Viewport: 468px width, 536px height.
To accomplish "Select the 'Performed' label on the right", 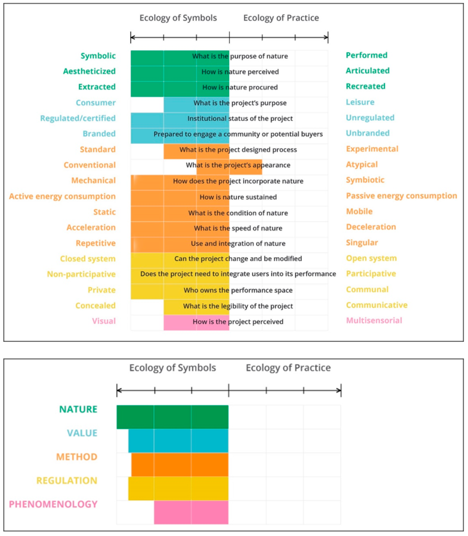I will tap(366, 55).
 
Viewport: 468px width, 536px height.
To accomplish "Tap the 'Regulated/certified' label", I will tap(78, 118).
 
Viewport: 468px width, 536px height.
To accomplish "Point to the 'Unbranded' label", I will tap(367, 133).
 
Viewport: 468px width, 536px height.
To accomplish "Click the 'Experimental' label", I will tap(372, 149).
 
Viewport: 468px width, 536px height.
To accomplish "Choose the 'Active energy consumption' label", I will tap(62, 196).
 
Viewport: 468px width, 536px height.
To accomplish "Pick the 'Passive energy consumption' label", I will tap(401, 196).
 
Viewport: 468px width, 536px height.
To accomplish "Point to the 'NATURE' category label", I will tap(78, 409).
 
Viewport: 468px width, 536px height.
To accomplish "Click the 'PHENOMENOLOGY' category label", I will tap(53, 504).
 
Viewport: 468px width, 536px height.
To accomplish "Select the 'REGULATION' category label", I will tap(67, 480).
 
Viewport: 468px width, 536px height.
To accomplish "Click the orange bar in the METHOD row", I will tap(180, 465).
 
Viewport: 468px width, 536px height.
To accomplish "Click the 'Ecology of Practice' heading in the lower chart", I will tap(288, 368).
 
